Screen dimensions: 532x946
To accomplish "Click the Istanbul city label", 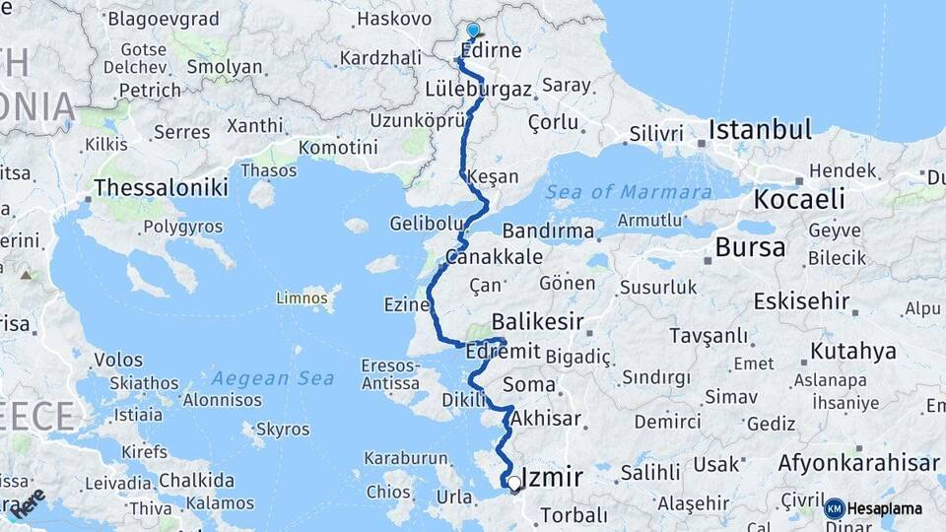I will pyautogui.click(x=760, y=129).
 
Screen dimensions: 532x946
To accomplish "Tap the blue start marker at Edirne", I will pyautogui.click(x=473, y=32).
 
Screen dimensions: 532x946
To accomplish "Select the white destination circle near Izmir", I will pyautogui.click(x=513, y=483).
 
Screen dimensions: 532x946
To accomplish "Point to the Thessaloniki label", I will pyautogui.click(x=161, y=187).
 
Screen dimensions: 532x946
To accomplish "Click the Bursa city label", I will pyautogui.click(x=750, y=247).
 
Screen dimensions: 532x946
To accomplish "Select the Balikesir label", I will pyautogui.click(x=537, y=321).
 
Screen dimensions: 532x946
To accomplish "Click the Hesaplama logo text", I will pyautogui.click(x=886, y=508).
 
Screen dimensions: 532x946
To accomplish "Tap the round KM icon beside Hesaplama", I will pyautogui.click(x=834, y=508).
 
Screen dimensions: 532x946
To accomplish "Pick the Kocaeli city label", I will pyautogui.click(x=799, y=199).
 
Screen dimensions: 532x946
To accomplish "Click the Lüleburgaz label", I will pyautogui.click(x=478, y=89).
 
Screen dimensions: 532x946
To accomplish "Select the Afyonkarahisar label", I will pyautogui.click(x=858, y=463).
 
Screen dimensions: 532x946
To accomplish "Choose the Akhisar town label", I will pyautogui.click(x=546, y=418).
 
